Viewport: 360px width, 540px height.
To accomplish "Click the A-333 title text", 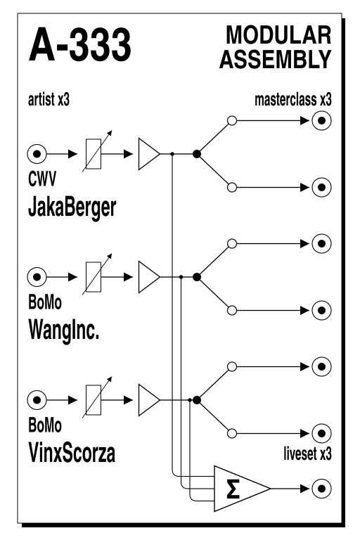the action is coord(79,45).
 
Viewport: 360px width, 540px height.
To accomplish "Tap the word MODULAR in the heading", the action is coord(278,35).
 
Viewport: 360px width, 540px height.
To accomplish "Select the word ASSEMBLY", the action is coord(275,59).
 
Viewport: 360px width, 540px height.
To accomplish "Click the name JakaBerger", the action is coord(72,207).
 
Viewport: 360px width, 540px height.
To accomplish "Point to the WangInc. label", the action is coord(64,330).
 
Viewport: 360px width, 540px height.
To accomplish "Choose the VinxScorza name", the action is coord(72,453).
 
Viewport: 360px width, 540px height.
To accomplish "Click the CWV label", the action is coord(41,179).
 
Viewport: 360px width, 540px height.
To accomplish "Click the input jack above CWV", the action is coord(37,154).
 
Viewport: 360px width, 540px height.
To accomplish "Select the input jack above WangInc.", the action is coord(37,277).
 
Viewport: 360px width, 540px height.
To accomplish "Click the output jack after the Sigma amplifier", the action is coord(321,489).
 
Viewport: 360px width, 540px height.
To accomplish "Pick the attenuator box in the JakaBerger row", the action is coord(94,154).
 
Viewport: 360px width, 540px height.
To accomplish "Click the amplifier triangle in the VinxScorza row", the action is coord(149,400).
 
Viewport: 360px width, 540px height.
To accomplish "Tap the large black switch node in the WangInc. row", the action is coord(197,277).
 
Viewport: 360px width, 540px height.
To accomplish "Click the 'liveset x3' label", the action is coord(308,454).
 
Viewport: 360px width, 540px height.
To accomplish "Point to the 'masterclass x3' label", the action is coord(293,100).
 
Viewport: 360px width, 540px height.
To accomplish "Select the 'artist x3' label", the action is coord(49,100).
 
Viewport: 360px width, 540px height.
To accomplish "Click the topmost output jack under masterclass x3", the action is coord(321,120).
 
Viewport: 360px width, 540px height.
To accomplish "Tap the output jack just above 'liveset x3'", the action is coord(321,433).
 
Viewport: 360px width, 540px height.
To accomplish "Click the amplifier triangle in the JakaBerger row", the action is coord(149,154).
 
